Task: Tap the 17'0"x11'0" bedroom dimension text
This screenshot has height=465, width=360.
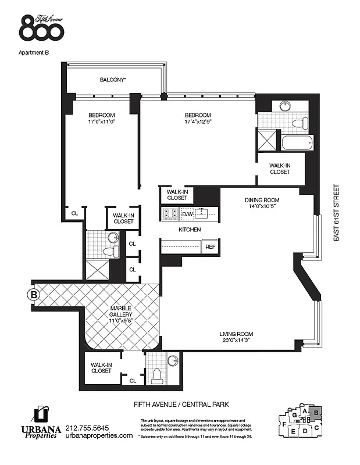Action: coord(101,123)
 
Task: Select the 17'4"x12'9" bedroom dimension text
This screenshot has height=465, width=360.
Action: coord(197,123)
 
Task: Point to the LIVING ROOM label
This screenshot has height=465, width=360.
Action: coord(236,334)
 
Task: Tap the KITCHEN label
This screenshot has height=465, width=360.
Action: coord(190,230)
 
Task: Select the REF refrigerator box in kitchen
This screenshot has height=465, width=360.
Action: coord(209,247)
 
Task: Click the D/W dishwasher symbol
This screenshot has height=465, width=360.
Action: coord(187,214)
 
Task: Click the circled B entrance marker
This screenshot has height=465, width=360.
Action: coord(34,294)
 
